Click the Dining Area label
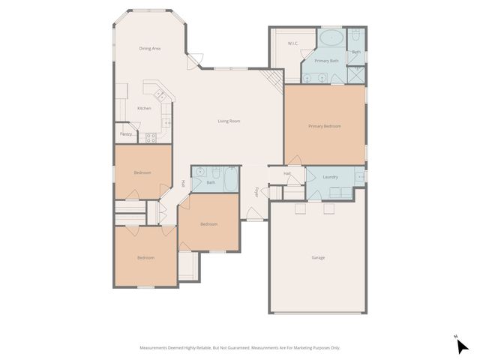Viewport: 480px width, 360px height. click(x=150, y=49)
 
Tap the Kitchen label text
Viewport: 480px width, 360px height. click(x=143, y=108)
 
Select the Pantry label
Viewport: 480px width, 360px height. click(x=125, y=134)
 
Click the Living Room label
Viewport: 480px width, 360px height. click(x=229, y=121)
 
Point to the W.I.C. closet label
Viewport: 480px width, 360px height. click(x=292, y=43)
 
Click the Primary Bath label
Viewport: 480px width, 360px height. click(x=326, y=60)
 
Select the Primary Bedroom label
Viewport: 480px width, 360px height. click(x=324, y=126)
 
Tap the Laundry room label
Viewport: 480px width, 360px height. click(x=330, y=177)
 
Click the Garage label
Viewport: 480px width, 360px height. click(x=318, y=257)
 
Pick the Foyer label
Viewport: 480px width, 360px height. click(x=256, y=192)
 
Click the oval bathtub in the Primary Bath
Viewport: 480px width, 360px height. click(x=331, y=37)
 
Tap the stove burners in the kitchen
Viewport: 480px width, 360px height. click(x=150, y=137)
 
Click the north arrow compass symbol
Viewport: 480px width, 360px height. click(x=463, y=346)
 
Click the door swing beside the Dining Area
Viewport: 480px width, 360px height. click(x=195, y=59)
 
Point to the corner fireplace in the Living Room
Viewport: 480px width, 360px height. click(x=274, y=77)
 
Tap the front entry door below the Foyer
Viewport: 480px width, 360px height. click(x=256, y=219)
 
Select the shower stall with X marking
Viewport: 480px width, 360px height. click(x=357, y=74)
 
